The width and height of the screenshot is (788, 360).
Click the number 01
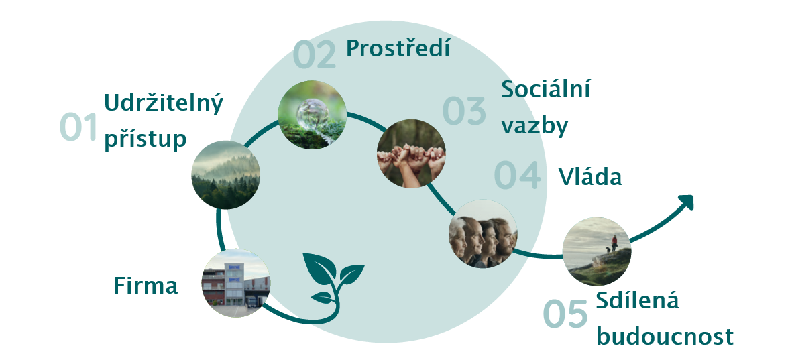(78, 127)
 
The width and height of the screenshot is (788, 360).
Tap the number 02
(314, 55)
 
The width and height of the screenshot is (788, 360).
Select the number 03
(464, 111)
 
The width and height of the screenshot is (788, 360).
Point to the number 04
(518, 175)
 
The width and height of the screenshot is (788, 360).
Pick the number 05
(565, 314)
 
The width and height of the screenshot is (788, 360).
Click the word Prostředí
(398, 48)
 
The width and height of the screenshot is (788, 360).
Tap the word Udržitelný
(164, 104)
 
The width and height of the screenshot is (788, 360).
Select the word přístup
(146, 139)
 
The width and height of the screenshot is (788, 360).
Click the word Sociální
(546, 89)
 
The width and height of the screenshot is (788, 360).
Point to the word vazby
(534, 125)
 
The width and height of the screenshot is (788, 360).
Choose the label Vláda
(590, 177)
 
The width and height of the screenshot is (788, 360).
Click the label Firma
(146, 286)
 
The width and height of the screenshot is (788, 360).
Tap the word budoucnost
(665, 336)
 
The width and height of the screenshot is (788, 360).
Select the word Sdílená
(637, 300)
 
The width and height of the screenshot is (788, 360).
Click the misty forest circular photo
(226, 175)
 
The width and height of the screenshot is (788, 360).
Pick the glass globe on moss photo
(312, 115)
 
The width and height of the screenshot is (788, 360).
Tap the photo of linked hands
(411, 154)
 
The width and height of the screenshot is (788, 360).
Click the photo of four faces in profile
(483, 234)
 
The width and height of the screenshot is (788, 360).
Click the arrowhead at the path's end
(687, 201)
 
